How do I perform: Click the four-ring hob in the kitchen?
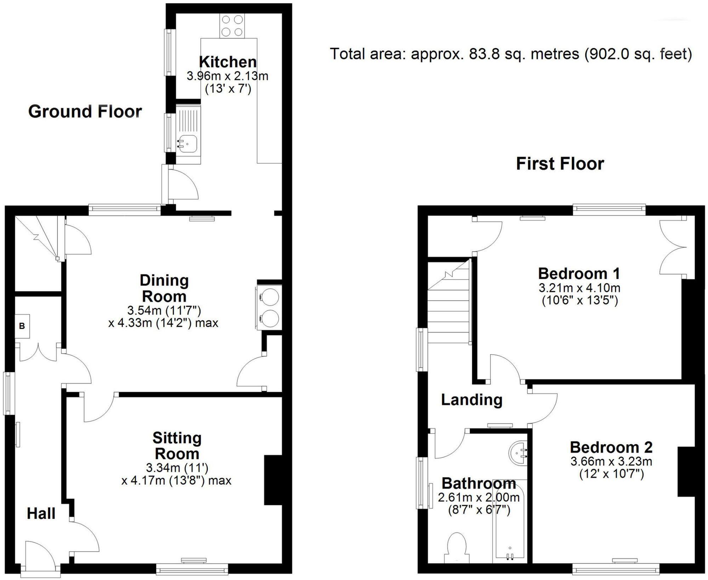(x=232, y=25)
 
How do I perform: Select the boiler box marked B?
(x=22, y=326)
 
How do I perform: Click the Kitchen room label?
(x=228, y=62)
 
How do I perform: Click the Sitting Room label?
(x=177, y=446)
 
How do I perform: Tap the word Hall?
(x=41, y=513)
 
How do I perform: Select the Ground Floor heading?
(x=85, y=111)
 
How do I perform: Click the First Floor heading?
(x=560, y=164)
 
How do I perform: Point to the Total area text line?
(x=510, y=54)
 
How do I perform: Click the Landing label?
(x=472, y=400)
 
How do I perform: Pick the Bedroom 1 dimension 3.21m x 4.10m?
(x=579, y=288)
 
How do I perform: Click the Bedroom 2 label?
(x=611, y=447)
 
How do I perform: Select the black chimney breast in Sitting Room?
(x=273, y=479)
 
